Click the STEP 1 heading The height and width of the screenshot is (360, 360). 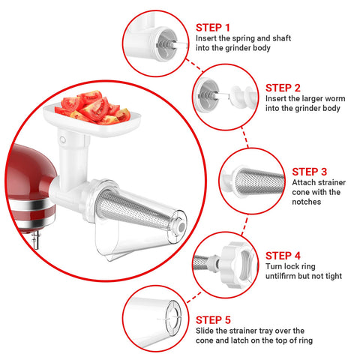(214, 26)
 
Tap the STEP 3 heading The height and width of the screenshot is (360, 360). (309, 171)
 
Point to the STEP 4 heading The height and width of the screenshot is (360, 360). (283, 255)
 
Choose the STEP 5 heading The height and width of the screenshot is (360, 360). (214, 318)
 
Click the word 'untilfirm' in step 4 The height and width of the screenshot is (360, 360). (283, 277)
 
